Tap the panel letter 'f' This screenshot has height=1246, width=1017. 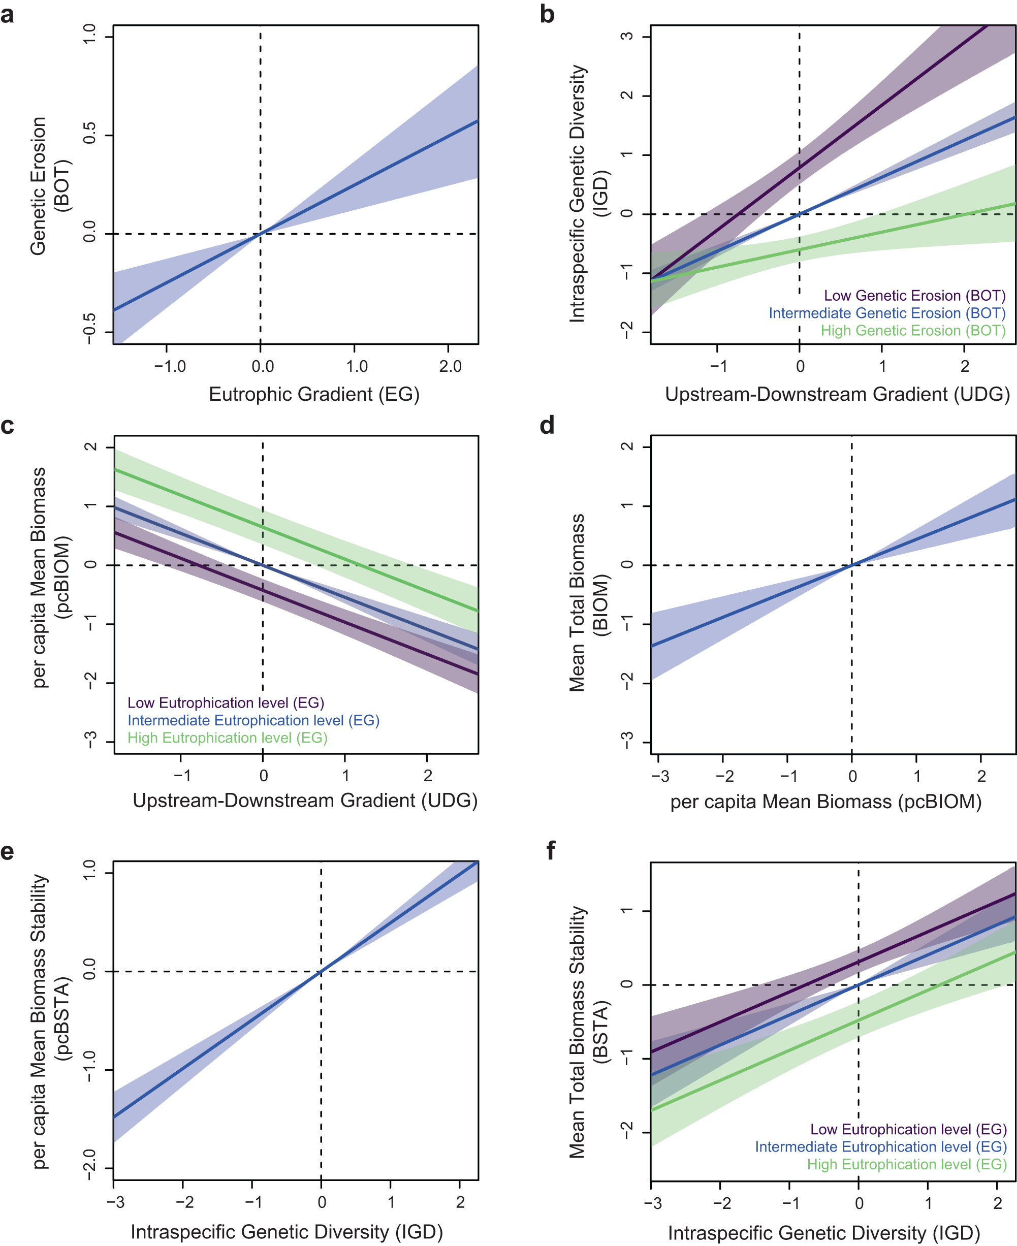[x=550, y=851]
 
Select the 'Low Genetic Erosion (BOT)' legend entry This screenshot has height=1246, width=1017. [x=914, y=296]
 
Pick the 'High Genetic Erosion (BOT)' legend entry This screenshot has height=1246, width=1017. [x=913, y=331]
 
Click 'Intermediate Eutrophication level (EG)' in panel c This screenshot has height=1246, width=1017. [x=253, y=721]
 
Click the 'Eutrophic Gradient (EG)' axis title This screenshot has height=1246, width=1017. [x=314, y=394]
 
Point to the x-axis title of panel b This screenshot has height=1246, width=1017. [x=837, y=394]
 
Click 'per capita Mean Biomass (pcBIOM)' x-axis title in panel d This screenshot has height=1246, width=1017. [x=825, y=802]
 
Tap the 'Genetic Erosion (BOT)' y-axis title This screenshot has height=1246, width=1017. [x=49, y=186]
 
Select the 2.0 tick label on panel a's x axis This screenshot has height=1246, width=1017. [x=450, y=367]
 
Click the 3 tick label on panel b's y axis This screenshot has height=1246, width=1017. [x=627, y=37]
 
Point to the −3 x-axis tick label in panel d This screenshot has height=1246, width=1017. [x=660, y=777]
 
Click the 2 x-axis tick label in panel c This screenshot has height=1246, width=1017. [x=428, y=776]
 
